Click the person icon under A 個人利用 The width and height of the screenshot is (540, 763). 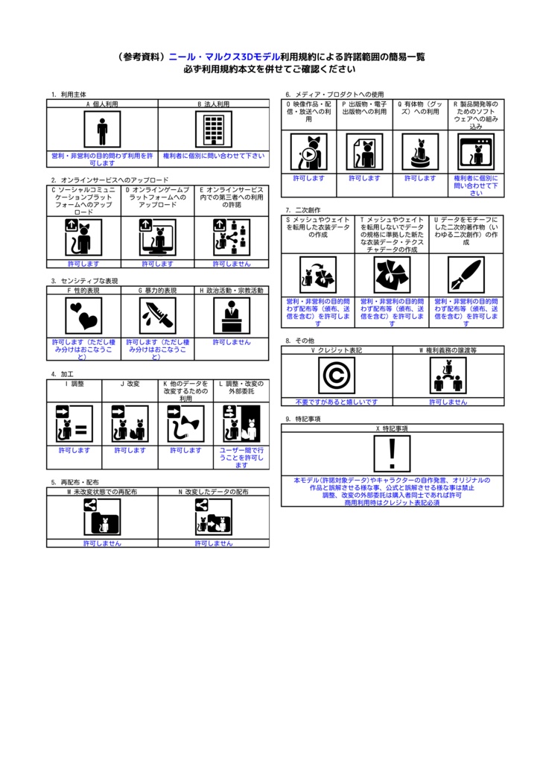point(102,130)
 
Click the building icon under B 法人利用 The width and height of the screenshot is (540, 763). point(214,130)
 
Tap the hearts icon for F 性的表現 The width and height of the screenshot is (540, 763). point(83,316)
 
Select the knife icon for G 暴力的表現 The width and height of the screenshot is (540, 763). point(157,316)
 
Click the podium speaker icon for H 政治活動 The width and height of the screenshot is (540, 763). point(232,316)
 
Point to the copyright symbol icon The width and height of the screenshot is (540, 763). point(336,376)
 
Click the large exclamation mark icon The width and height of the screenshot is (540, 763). point(392,454)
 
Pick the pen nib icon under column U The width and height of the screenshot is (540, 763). point(466,276)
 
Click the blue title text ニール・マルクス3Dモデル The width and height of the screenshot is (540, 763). point(223,57)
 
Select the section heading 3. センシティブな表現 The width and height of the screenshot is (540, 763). point(84,281)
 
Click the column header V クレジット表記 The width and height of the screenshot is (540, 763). point(337,349)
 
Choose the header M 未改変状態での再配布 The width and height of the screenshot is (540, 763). point(102,493)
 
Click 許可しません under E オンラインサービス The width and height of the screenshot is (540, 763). point(232,264)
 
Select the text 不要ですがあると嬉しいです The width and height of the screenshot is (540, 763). point(337,402)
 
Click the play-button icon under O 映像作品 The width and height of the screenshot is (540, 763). point(308,152)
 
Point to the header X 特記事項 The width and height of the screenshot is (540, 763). point(392,429)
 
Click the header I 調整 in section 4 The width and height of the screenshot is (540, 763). point(74,383)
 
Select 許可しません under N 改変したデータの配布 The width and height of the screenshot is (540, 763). point(214,543)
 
